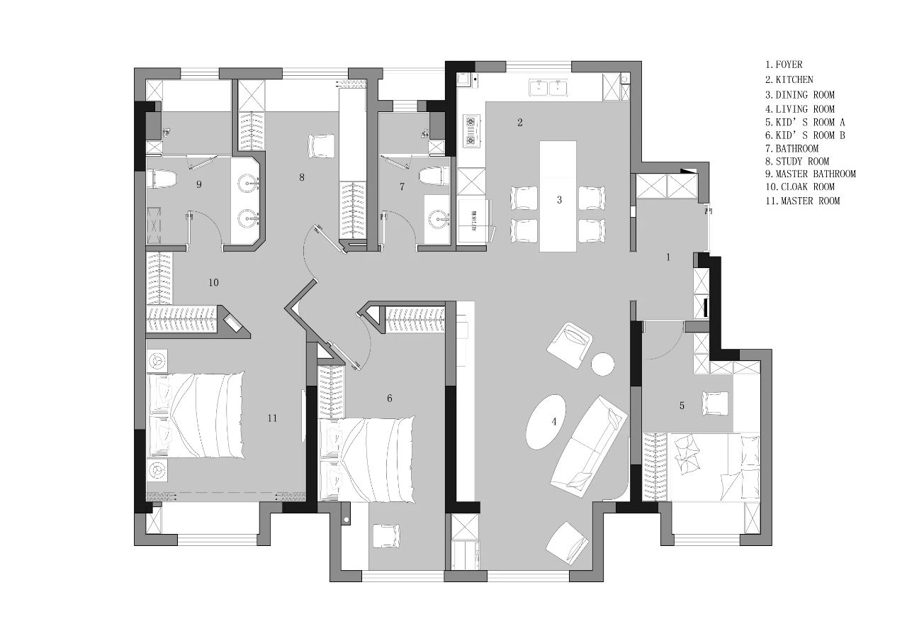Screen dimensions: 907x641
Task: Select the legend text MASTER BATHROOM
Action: click(x=816, y=174)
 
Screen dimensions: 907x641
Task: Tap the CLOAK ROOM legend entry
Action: click(x=807, y=186)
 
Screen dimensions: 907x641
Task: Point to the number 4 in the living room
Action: click(x=554, y=422)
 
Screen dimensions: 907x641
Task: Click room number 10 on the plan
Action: click(x=213, y=282)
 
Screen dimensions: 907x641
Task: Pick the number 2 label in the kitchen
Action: click(x=520, y=122)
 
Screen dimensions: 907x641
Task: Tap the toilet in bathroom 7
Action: click(x=434, y=176)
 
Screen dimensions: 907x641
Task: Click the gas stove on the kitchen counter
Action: click(x=472, y=130)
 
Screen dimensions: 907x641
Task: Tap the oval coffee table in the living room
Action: click(x=546, y=422)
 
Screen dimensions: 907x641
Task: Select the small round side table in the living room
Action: click(x=602, y=364)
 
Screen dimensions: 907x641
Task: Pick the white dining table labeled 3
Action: click(x=558, y=196)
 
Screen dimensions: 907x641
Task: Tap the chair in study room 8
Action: click(x=321, y=146)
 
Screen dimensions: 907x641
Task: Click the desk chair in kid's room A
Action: click(x=716, y=403)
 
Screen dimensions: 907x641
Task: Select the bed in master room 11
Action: click(x=196, y=416)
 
